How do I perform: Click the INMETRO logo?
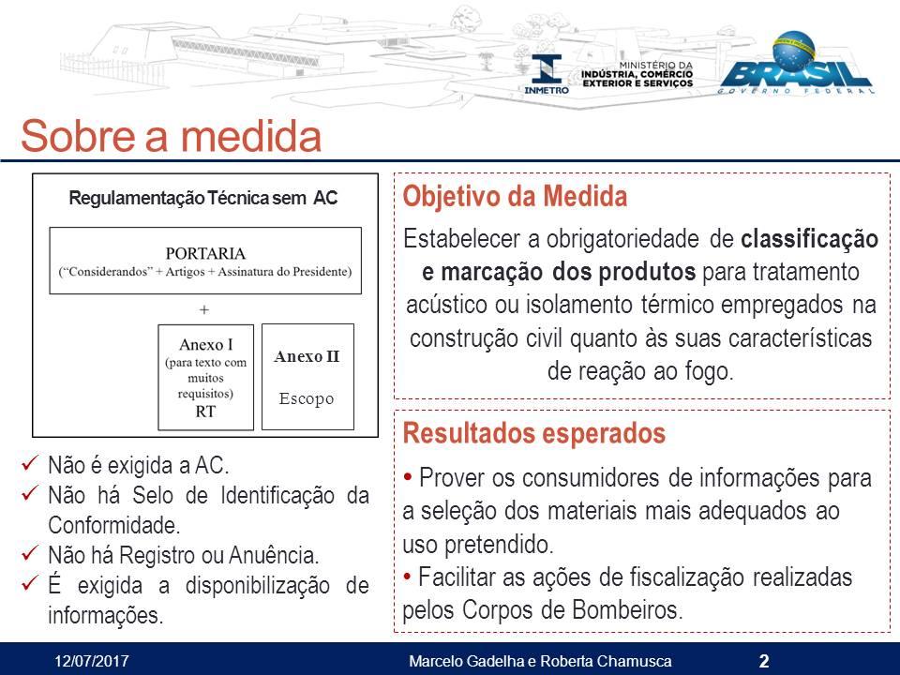pyautogui.click(x=547, y=74)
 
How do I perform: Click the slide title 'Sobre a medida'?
pyautogui.click(x=171, y=136)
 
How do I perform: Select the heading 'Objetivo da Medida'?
pyautogui.click(x=515, y=196)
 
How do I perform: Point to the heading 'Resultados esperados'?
pyautogui.click(x=533, y=433)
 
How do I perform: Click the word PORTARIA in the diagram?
pyautogui.click(x=205, y=253)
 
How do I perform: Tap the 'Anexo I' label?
pyautogui.click(x=206, y=344)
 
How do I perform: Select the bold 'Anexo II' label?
pyautogui.click(x=307, y=356)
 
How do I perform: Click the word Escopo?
pyautogui.click(x=307, y=398)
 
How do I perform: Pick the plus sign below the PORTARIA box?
pyautogui.click(x=204, y=310)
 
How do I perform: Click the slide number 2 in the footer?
pyautogui.click(x=764, y=661)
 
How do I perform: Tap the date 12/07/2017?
pyautogui.click(x=92, y=661)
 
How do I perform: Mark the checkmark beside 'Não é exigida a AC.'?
pyautogui.click(x=30, y=462)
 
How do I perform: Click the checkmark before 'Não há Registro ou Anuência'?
pyautogui.click(x=30, y=553)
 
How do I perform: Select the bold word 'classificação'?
pyautogui.click(x=809, y=239)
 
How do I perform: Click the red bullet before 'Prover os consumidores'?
pyautogui.click(x=408, y=476)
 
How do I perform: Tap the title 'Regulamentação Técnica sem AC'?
pyautogui.click(x=203, y=198)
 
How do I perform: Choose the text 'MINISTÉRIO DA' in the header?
pyautogui.click(x=656, y=66)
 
